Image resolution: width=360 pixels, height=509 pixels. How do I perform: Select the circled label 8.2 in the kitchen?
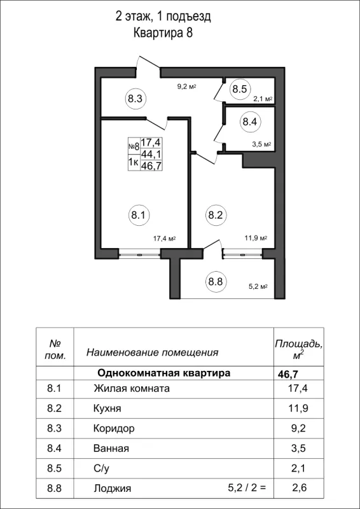[x=214, y=215]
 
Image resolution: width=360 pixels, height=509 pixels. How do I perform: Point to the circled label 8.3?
[x=134, y=99]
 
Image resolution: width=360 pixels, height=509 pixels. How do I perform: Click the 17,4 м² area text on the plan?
[x=164, y=239]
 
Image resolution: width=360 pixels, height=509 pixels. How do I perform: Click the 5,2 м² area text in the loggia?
[x=256, y=286]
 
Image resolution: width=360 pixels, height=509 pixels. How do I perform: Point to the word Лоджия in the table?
[x=112, y=489]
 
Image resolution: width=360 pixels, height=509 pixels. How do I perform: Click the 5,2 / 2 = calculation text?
[x=246, y=489]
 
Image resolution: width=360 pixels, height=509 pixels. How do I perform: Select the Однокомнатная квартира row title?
[x=163, y=373]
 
